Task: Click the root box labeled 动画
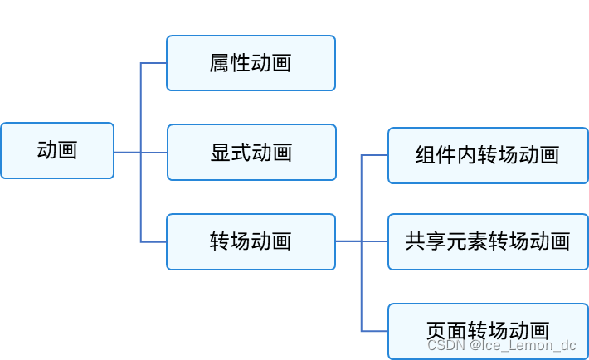(57, 151)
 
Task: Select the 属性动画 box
(251, 63)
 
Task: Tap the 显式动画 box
(251, 153)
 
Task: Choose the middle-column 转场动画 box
(251, 242)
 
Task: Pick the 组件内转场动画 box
(487, 155)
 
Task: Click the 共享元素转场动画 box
(487, 241)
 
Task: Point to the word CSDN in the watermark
(445, 344)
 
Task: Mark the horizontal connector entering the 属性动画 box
(153, 63)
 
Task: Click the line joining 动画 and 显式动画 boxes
(140, 153)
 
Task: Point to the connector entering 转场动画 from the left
(153, 241)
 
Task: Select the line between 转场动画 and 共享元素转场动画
(362, 241)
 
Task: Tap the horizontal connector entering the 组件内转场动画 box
(375, 155)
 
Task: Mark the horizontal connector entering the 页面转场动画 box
(375, 330)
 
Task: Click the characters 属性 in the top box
(230, 63)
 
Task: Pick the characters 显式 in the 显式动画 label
(231, 153)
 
